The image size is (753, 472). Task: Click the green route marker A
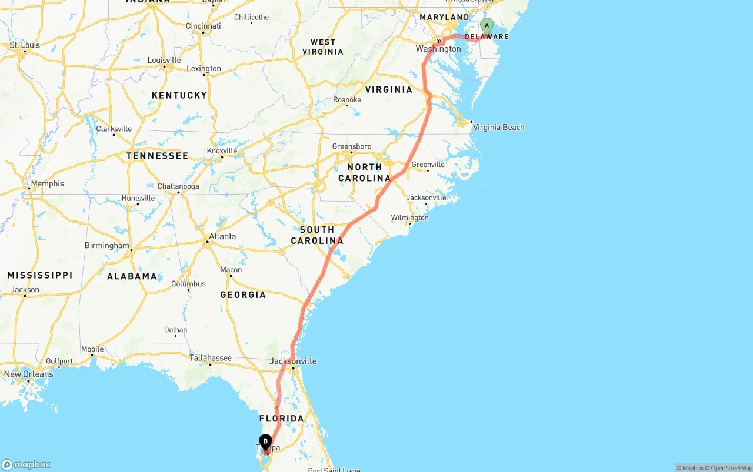pyautogui.click(x=487, y=26)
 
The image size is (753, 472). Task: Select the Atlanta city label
pyautogui.click(x=222, y=236)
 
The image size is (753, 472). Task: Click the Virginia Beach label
pyautogui.click(x=498, y=127)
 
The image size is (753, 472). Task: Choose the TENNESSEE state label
pyautogui.click(x=157, y=156)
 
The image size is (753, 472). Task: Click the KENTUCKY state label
pyautogui.click(x=179, y=95)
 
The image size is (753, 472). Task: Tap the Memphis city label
pyautogui.click(x=47, y=183)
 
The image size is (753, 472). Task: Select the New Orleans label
pyautogui.click(x=28, y=374)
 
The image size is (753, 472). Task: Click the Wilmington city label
pyautogui.click(x=409, y=217)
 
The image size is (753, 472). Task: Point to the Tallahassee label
pyautogui.click(x=210, y=357)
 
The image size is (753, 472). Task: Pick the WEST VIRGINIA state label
pyautogui.click(x=323, y=46)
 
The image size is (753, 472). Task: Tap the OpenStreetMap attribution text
pyautogui.click(x=729, y=468)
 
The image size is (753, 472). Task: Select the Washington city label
pyautogui.click(x=438, y=49)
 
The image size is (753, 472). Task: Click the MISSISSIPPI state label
pyautogui.click(x=40, y=275)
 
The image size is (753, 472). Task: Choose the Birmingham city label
pyautogui.click(x=106, y=245)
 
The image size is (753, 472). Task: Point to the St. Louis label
pyautogui.click(x=25, y=45)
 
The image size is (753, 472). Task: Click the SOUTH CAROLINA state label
pyautogui.click(x=317, y=235)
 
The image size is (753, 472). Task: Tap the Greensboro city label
pyautogui.click(x=352, y=146)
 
